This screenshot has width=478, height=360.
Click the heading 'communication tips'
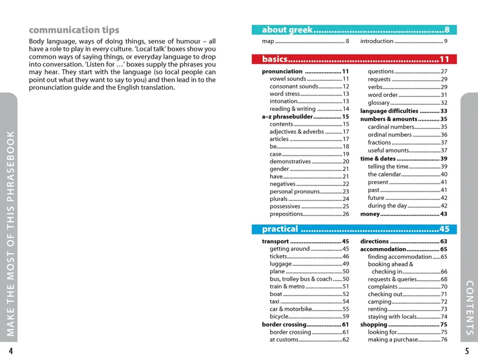[x=74, y=30]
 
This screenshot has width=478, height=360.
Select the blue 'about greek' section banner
[x=355, y=30]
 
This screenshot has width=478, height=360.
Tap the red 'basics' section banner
[x=355, y=59]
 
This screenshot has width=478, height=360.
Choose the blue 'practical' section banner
[x=355, y=229]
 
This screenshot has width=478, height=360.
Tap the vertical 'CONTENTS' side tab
[x=469, y=308]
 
